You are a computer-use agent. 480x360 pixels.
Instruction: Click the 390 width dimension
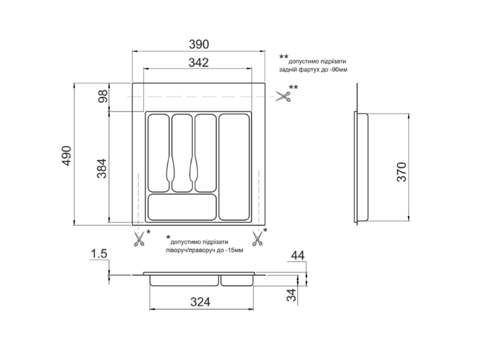coord(199,44)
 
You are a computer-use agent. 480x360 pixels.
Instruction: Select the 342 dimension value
coord(199,63)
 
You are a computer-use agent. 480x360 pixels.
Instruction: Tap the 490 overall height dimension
coord(67,156)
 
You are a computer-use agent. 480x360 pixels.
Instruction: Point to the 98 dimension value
coord(104,96)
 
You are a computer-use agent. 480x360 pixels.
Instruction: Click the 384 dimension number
coord(101,169)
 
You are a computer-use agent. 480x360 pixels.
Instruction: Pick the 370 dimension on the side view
coord(401,172)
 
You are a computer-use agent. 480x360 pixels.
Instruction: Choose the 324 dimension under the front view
coord(200,302)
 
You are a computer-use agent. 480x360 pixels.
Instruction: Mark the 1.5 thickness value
coord(99,254)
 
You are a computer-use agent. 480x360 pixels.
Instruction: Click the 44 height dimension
coord(298,256)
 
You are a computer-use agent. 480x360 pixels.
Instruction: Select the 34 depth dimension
coord(292,295)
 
